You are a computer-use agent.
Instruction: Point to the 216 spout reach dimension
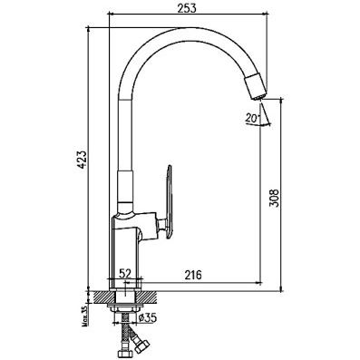(x=191, y=276)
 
